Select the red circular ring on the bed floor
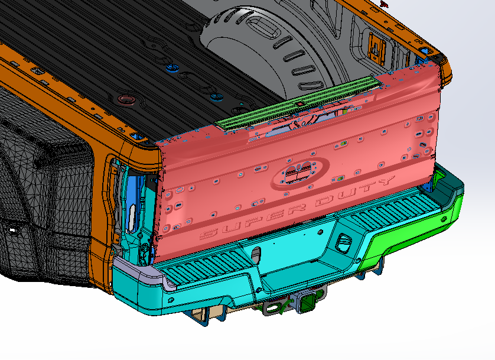pyautogui.click(x=126, y=98)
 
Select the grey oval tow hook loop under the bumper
pyautogui.click(x=272, y=307)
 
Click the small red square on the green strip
pyautogui.click(x=300, y=103)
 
